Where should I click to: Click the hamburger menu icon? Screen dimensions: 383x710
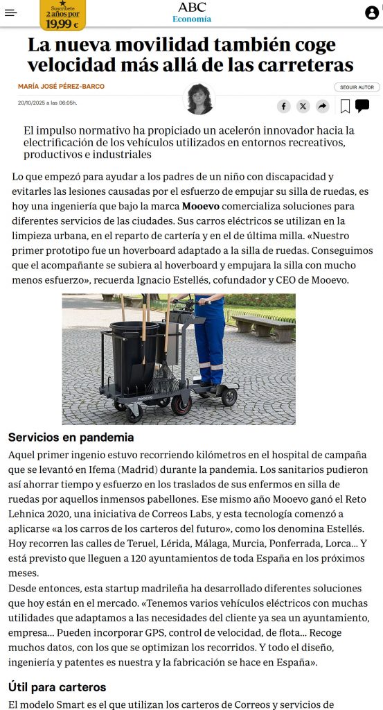(x=10, y=12)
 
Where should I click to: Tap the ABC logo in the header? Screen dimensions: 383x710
(x=192, y=8)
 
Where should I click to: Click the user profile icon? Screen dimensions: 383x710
(x=372, y=12)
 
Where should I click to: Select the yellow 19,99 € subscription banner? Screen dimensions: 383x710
(x=62, y=15)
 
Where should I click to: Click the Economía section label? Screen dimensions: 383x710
(x=192, y=19)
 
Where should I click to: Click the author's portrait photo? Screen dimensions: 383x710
(x=199, y=99)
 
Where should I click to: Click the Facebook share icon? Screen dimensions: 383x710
(x=284, y=106)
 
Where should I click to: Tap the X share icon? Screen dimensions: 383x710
(x=303, y=106)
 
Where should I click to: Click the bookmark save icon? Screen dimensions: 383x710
(x=345, y=106)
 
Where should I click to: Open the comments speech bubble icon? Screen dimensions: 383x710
(x=362, y=105)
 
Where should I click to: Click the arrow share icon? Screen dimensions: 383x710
(x=322, y=106)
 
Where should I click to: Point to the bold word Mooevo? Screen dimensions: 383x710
(x=200, y=207)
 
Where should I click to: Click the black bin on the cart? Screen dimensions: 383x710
(x=135, y=354)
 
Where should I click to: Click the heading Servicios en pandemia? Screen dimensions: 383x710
(x=71, y=438)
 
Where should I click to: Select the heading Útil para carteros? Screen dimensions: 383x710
(x=57, y=687)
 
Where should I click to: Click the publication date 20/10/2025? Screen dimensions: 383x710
(x=47, y=103)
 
